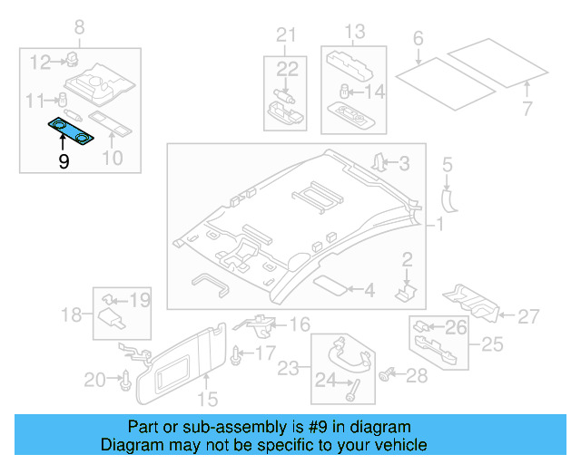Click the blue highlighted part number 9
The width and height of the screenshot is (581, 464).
click(71, 131)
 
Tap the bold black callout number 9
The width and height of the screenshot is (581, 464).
click(64, 161)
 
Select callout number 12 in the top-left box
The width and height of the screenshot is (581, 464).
click(40, 63)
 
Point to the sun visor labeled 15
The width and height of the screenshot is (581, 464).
click(182, 364)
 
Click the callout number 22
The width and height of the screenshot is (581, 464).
click(287, 69)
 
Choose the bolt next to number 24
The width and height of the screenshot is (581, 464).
click(353, 391)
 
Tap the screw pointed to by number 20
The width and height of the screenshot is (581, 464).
click(126, 381)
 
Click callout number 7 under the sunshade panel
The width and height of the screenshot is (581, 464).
click(527, 109)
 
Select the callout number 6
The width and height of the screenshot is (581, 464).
click(418, 38)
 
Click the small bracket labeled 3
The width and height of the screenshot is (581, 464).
click(379, 163)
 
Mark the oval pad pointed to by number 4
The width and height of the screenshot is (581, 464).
click(330, 285)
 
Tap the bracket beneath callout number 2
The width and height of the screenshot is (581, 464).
click(406, 293)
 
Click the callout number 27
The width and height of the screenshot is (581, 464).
click(528, 316)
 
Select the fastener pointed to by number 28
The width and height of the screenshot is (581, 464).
click(385, 375)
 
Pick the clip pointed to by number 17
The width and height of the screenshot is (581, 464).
click(236, 356)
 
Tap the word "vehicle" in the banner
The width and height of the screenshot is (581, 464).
click(404, 445)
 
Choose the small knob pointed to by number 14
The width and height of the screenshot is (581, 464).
click(345, 92)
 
